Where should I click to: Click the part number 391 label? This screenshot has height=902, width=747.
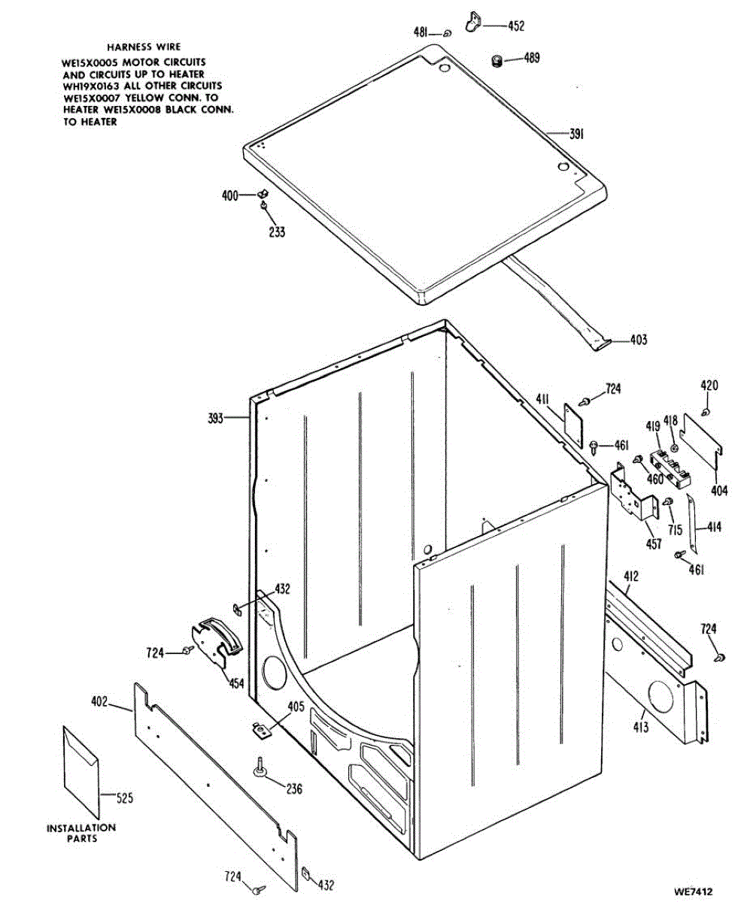[x=576, y=134]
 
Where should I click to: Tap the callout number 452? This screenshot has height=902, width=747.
[x=515, y=26]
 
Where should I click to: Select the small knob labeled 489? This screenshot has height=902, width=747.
[x=496, y=61]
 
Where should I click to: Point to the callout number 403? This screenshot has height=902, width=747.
[x=637, y=340]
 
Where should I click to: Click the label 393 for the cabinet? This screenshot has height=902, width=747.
[x=216, y=419]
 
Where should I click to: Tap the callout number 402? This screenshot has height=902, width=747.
[x=100, y=702]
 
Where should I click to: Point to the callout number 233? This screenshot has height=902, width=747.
[x=277, y=232]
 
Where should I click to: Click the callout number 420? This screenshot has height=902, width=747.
[x=709, y=386]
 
